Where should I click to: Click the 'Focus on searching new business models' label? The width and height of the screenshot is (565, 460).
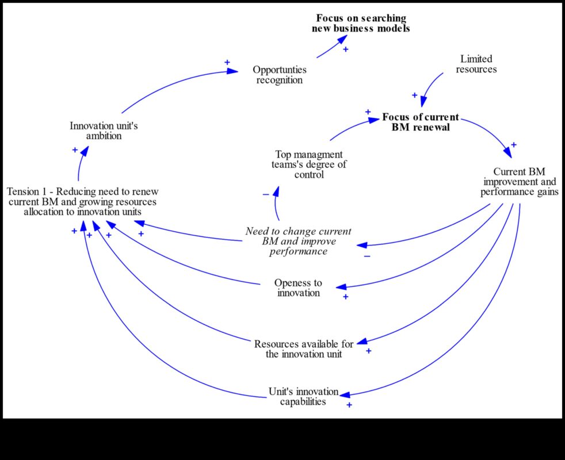tap(361, 24)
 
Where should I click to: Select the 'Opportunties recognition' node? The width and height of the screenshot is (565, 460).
tap(280, 75)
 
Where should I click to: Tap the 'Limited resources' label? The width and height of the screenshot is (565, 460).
tap(476, 64)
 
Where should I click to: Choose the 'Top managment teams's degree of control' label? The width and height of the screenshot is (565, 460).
tap(309, 164)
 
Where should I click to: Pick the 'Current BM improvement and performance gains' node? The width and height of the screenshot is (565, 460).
tap(519, 182)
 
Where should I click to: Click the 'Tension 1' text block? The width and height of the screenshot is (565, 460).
tap(83, 201)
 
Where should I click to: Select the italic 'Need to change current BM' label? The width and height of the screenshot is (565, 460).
tap(298, 241)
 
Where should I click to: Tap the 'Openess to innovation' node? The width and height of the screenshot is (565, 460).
tap(298, 287)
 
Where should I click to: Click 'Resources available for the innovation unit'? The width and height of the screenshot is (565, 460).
tap(304, 349)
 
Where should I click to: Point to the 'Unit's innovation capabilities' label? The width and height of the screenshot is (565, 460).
tap(303, 396)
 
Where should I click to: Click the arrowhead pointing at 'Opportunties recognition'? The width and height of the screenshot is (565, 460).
tap(232, 71)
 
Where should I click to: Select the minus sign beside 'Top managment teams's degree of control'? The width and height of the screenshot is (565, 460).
tap(265, 194)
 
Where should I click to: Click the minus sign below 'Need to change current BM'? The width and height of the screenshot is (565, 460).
tap(367, 255)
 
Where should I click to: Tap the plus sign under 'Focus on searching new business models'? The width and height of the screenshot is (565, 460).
tap(346, 49)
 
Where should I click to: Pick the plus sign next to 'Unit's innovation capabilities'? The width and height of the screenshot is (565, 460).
tap(349, 405)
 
